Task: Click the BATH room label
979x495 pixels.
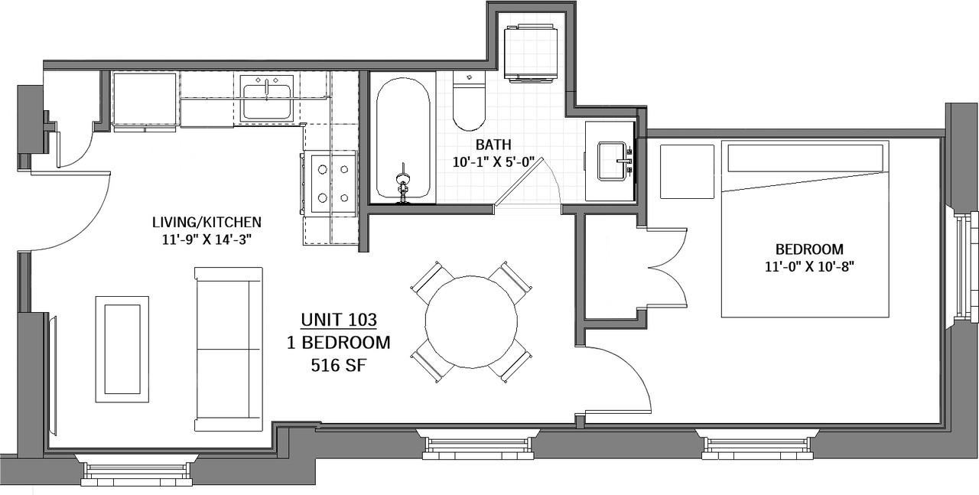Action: pos(493,145)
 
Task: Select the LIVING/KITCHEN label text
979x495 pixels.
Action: pos(207,222)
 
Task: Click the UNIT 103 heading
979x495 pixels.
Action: pos(339,320)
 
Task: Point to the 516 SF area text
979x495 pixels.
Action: pos(338,365)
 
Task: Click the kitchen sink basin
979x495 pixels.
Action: pos(267,103)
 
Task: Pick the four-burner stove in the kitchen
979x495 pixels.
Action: pos(331,183)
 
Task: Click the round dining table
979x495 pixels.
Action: pos(471,322)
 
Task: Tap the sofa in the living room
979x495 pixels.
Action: pos(228,350)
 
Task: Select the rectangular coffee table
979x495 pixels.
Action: pos(122,350)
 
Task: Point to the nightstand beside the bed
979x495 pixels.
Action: pos(687,171)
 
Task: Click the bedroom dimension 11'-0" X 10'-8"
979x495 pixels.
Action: pos(809,266)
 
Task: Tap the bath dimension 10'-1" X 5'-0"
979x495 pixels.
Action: pos(494,162)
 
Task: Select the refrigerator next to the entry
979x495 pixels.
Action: pos(145,99)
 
